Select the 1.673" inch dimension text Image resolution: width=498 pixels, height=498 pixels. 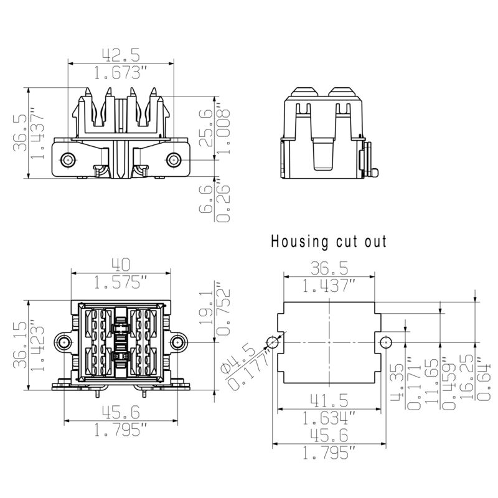(120, 73)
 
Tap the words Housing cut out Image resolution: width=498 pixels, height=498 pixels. (329, 242)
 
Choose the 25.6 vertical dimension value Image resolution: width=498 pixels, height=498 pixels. (205, 128)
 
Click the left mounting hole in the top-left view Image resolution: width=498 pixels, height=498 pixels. (67, 160)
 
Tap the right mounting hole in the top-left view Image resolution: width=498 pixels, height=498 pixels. (172, 160)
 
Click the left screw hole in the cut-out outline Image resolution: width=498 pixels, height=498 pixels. (272, 342)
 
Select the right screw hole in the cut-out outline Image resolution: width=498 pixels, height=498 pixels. (386, 342)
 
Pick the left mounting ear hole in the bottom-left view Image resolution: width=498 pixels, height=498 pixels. (63, 341)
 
